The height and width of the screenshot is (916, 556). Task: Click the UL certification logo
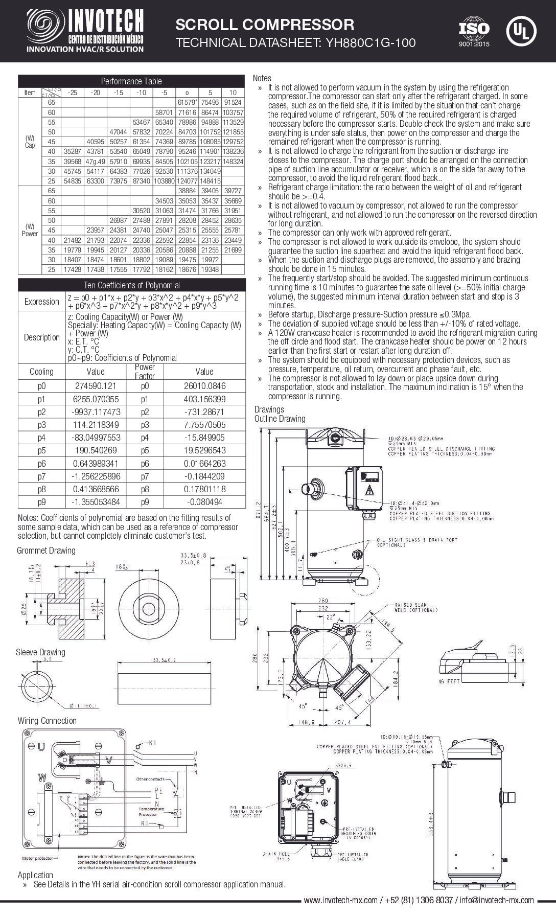point(521,31)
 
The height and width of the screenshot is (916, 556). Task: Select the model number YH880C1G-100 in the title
point(367,43)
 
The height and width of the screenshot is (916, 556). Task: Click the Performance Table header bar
point(131,81)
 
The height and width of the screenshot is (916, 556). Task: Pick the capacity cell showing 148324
point(234,161)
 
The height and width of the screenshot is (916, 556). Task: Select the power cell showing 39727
point(234,190)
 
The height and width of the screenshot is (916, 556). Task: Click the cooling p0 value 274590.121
point(95,386)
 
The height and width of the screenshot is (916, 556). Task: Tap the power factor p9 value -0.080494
point(204,501)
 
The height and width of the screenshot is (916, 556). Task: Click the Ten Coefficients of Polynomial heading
point(131,285)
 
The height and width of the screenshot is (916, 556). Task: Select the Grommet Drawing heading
point(46,550)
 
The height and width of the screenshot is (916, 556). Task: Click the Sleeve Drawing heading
point(40,652)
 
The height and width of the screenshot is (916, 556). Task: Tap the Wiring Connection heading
point(47,720)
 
